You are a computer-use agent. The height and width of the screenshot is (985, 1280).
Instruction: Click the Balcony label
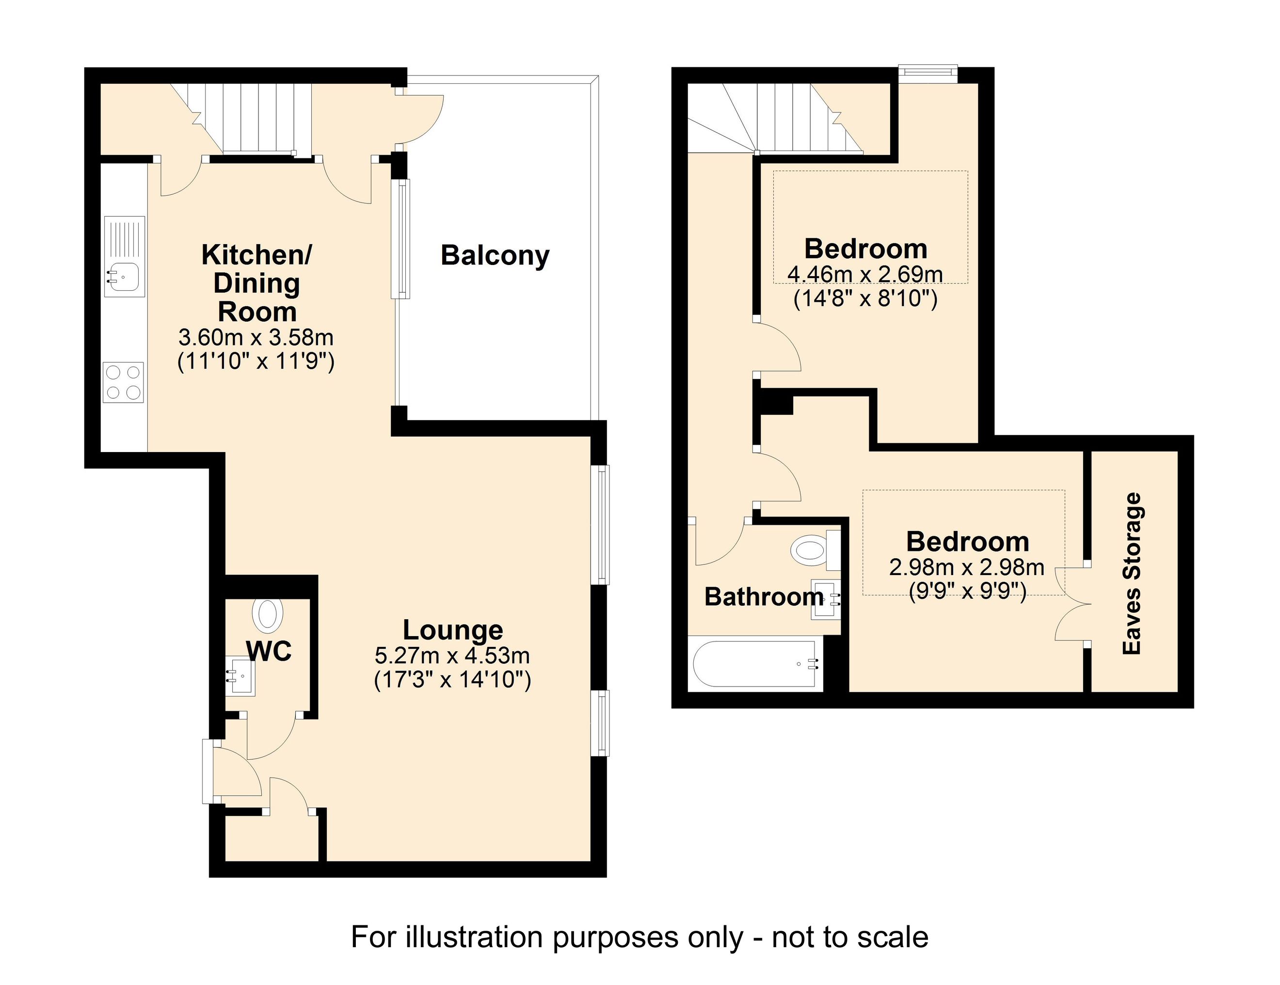pyautogui.click(x=495, y=256)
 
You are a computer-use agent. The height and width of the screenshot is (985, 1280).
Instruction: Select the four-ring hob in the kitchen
pyautogui.click(x=123, y=382)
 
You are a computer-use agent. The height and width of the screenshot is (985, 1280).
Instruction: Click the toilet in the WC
pyautogui.click(x=268, y=615)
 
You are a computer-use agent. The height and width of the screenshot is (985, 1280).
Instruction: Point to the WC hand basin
pyautogui.click(x=241, y=677)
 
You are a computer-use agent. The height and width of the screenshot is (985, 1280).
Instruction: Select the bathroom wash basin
pyautogui.click(x=826, y=598)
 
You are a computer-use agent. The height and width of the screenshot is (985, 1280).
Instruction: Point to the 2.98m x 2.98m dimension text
pyautogui.click(x=967, y=567)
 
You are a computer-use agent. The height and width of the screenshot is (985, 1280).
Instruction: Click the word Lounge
pyautogui.click(x=452, y=630)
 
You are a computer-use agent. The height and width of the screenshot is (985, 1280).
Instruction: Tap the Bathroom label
pyautogui.click(x=764, y=597)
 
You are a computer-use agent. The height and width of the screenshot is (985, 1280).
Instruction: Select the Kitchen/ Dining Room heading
pyautogui.click(x=256, y=283)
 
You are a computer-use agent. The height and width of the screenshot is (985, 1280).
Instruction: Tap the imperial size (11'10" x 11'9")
pyautogui.click(x=256, y=361)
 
